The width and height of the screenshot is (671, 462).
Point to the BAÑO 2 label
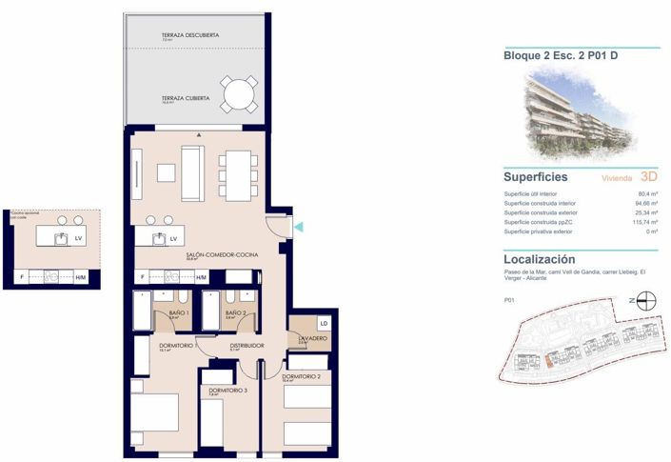click(x=236, y=312)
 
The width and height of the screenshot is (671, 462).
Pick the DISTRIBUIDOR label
click(x=246, y=345)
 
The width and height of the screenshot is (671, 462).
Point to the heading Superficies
click(x=536, y=177)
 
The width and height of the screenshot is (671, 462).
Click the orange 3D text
click(x=650, y=177)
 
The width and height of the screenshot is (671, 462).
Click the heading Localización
click(x=539, y=259)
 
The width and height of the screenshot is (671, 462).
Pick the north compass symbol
click(x=643, y=300)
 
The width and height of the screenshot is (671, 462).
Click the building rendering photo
click(x=582, y=112)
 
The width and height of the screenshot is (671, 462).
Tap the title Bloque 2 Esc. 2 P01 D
click(x=561, y=55)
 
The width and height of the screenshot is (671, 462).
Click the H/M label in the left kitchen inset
click(x=80, y=277)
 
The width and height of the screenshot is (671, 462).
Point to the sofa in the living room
click(x=192, y=173)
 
